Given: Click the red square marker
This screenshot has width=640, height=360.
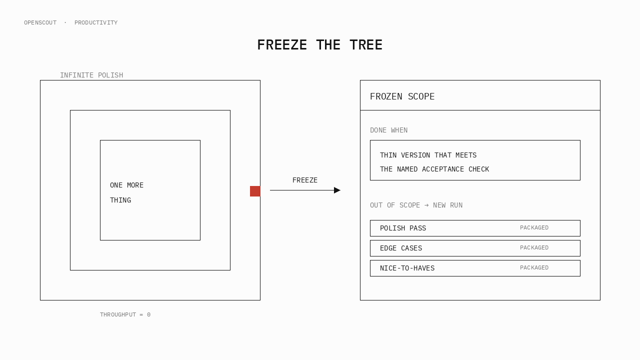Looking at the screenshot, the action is pyautogui.click(x=255, y=191).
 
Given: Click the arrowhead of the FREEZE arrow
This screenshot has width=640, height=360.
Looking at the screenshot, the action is pyautogui.click(x=337, y=190).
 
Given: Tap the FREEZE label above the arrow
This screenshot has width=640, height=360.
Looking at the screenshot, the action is pyautogui.click(x=305, y=180).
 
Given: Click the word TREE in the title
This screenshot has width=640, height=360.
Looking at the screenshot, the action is pyautogui.click(x=366, y=45).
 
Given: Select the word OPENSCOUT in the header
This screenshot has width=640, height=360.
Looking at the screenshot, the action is pyautogui.click(x=40, y=23).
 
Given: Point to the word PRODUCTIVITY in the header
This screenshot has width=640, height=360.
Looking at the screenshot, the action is pyautogui.click(x=96, y=23).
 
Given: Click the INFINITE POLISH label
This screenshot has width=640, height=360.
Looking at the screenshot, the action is pyautogui.click(x=91, y=75).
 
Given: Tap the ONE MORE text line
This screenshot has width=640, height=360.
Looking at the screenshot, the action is pyautogui.click(x=126, y=185).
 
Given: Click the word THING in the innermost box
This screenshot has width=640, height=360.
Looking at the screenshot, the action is pyautogui.click(x=120, y=200).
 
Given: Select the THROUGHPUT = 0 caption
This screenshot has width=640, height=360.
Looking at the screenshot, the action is pyautogui.click(x=125, y=314).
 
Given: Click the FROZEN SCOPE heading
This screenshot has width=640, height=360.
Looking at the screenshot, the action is pyautogui.click(x=402, y=96).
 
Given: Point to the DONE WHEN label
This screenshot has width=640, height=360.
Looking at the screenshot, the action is pyautogui.click(x=389, y=130).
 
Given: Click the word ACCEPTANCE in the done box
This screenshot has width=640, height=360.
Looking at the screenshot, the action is pyautogui.click(x=443, y=169).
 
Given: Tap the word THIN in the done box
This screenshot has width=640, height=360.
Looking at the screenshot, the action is pyautogui.click(x=388, y=155).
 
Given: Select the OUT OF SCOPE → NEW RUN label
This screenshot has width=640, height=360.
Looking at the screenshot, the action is pyautogui.click(x=416, y=205).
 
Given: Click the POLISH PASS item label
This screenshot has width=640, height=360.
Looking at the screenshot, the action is pyautogui.click(x=403, y=228).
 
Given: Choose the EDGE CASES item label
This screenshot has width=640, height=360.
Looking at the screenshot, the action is pyautogui.click(x=401, y=248).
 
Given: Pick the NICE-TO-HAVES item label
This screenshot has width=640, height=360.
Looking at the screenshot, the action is pyautogui.click(x=407, y=268).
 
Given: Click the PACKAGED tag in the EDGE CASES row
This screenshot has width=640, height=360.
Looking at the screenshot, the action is pyautogui.click(x=534, y=247).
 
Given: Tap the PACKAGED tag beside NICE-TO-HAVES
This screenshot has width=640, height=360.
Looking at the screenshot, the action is pyautogui.click(x=534, y=267).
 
